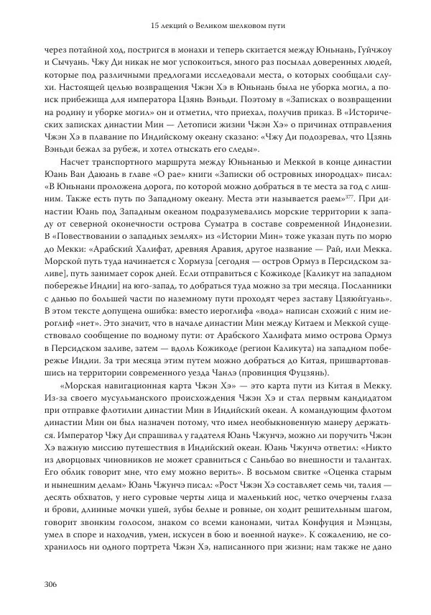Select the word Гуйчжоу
coord(367,50)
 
